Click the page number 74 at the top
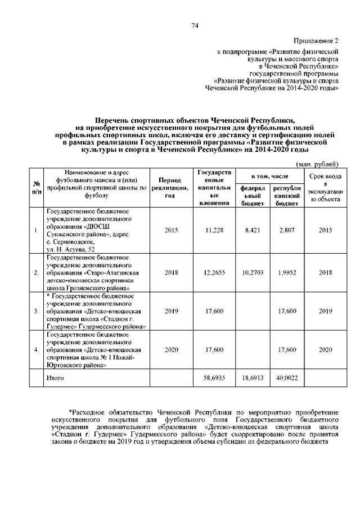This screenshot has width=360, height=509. [195, 25]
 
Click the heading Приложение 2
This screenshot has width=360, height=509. [317, 41]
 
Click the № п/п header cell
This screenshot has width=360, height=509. [36, 187]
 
